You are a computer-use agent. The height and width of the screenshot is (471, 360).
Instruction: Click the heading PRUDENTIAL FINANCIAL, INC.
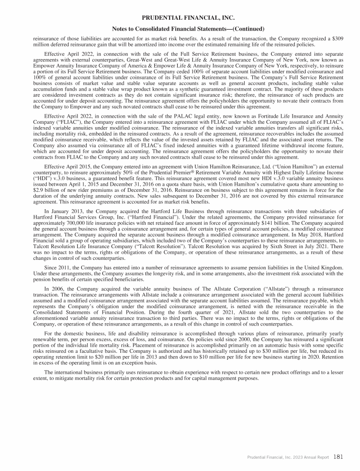[180, 18]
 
